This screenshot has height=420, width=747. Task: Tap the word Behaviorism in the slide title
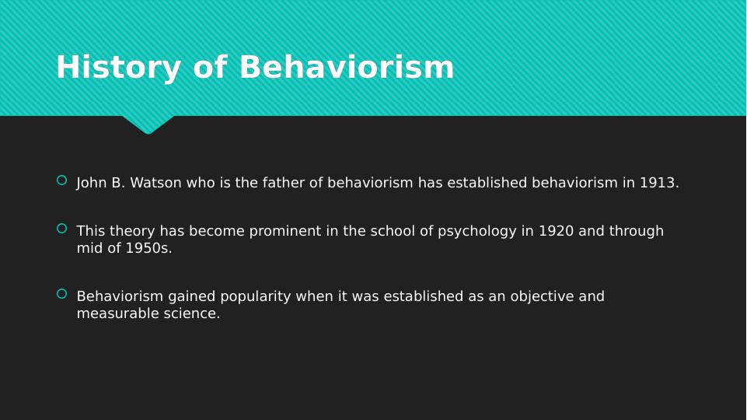pyautogui.click(x=347, y=67)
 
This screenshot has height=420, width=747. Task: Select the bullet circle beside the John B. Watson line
pyautogui.click(x=61, y=180)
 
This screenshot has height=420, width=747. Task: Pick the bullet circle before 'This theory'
pyautogui.click(x=61, y=229)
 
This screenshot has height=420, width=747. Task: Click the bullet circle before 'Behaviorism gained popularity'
pyautogui.click(x=61, y=294)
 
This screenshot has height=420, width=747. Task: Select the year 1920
pyautogui.click(x=556, y=231)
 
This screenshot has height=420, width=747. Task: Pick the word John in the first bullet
pyautogui.click(x=92, y=183)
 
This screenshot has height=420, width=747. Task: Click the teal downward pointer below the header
pyautogui.click(x=148, y=124)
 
